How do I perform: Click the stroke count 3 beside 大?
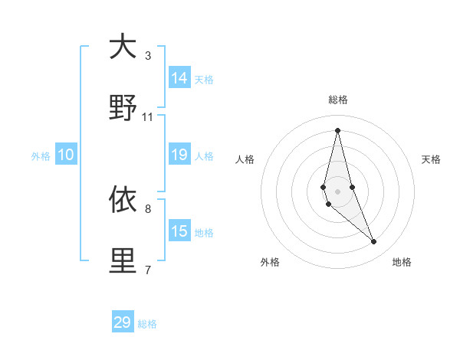point(148,55)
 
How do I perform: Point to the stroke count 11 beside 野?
point(148,116)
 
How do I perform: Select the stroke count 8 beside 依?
point(148,208)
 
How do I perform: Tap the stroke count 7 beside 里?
point(148,270)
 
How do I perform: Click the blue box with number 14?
point(179,78)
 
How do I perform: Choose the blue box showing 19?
point(179,155)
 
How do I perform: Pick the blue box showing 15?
point(179,231)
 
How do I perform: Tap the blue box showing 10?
point(66,155)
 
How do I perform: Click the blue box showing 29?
point(123,322)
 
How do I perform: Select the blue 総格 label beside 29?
point(147,324)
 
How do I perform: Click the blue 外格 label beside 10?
point(41,156)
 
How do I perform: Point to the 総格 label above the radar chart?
point(338,100)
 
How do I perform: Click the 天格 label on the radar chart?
point(431,159)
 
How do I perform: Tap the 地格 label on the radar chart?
point(402,262)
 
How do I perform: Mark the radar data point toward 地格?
point(374,242)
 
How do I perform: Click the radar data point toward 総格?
point(337,130)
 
